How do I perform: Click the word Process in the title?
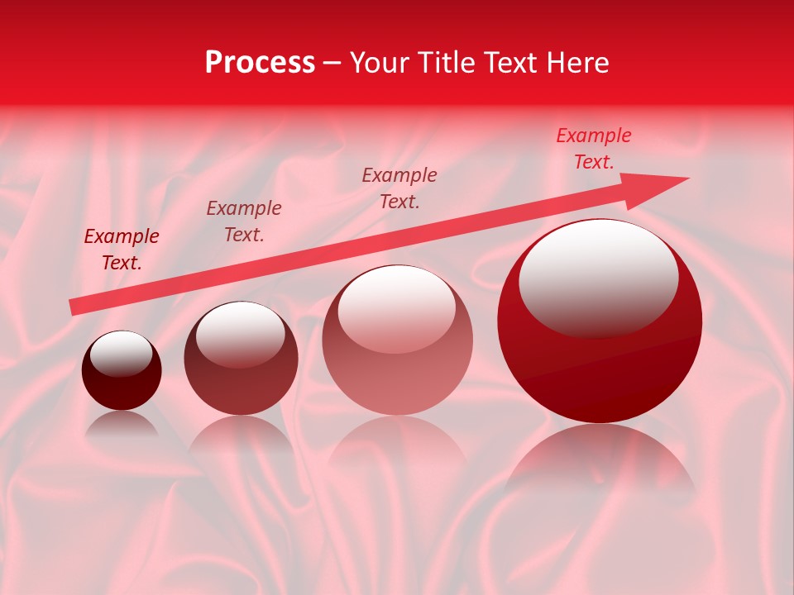point(260,63)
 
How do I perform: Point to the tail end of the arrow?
point(74,307)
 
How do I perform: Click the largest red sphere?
point(600,364)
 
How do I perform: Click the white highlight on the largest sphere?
point(598,277)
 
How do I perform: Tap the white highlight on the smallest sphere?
point(121,353)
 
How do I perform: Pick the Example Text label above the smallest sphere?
point(122,250)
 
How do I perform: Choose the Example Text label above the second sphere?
point(244,221)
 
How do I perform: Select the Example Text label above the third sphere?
point(399,188)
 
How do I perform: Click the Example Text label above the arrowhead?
point(593,149)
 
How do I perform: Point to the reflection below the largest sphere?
point(600,459)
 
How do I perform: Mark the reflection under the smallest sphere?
point(122,426)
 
